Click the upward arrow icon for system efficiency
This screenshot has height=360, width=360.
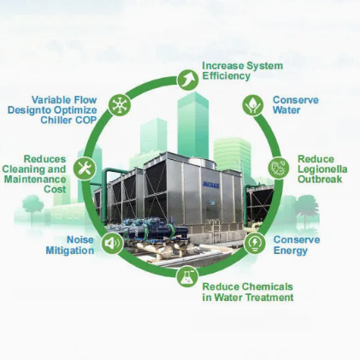pos(187,80)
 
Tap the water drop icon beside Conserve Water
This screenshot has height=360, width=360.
pos(253,105)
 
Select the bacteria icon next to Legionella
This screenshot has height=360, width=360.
pos(278,168)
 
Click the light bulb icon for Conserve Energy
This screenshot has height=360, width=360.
pos(255,243)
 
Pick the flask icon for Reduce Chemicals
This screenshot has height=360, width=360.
pos(187,276)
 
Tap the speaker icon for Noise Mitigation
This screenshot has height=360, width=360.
pos(112,243)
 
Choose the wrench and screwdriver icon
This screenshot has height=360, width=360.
pos(85,168)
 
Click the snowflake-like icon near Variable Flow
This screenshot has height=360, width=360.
pos(120,105)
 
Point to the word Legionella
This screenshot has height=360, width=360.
pos(322,169)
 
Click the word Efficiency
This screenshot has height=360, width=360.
pos(227,76)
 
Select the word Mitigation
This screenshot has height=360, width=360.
pos(70,251)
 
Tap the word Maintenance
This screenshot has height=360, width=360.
pos(35,180)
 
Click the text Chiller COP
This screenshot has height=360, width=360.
pos(68,120)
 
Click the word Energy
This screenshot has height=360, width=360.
pos(291,251)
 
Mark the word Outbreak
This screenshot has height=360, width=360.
pos(320,180)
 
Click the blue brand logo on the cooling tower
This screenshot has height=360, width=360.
pos(211,186)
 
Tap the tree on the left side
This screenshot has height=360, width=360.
pos(32,208)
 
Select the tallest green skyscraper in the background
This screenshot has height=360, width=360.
pos(193,126)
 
